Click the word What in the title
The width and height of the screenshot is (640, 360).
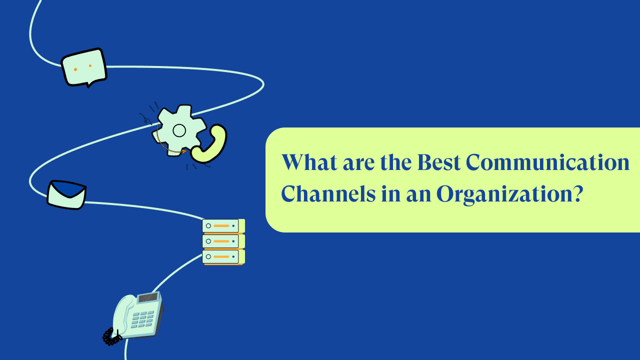click(309, 162)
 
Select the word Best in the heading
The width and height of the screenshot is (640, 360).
click(439, 162)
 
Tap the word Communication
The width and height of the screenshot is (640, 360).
click(547, 162)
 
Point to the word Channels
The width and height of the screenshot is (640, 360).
click(328, 193)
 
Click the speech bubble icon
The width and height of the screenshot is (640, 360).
click(84, 67)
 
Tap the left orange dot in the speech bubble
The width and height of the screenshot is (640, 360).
click(75, 69)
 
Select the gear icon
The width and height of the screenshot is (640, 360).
click(179, 130)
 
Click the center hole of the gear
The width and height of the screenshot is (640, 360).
click(179, 130)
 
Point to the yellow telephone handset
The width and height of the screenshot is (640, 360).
click(209, 143)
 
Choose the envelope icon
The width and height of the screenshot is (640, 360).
click(67, 194)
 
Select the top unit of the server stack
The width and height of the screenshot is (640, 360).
click(223, 226)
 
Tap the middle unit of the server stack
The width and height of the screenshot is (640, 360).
click(223, 241)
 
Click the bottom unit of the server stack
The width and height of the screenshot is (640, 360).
click(223, 257)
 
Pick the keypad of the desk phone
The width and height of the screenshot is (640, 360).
click(142, 319)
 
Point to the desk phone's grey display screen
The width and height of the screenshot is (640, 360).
click(148, 297)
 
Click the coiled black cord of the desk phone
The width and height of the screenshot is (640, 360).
click(112, 336)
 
